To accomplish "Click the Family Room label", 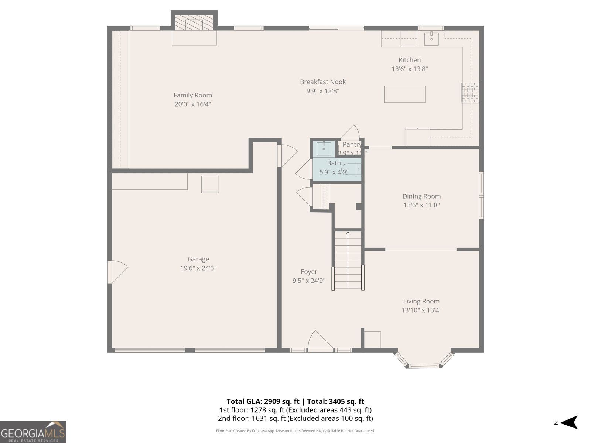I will click(x=193, y=95).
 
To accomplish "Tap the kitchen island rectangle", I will click(x=404, y=94).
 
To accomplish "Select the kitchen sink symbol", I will click(x=431, y=38).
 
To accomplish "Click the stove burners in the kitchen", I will click(x=470, y=92).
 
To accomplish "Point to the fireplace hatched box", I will click(x=194, y=23).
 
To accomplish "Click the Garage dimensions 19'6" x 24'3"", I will click(x=198, y=268).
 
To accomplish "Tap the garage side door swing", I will click(x=117, y=272).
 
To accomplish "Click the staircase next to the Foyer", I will click(x=348, y=260).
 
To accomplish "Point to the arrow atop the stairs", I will click(x=348, y=233).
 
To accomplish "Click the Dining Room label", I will click(x=421, y=196).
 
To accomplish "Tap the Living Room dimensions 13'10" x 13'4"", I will click(x=421, y=310).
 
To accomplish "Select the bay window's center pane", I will click(x=424, y=366).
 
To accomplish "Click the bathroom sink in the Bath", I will click(x=324, y=148).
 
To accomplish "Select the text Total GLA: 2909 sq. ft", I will click(x=263, y=401).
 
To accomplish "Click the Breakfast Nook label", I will click(x=323, y=82).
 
